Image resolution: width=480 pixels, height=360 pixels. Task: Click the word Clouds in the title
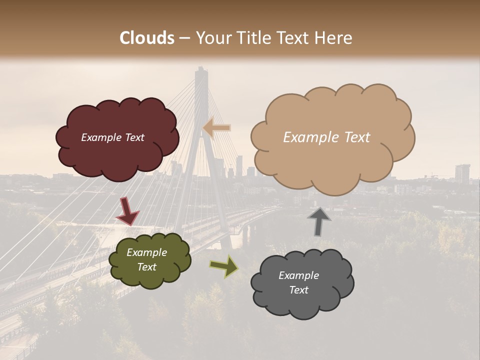pyautogui.click(x=147, y=38)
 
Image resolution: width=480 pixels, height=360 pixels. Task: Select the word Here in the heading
pyautogui.click(x=334, y=38)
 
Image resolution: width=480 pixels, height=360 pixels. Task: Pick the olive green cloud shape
pyautogui.click(x=150, y=277)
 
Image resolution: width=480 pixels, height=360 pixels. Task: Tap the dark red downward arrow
pyautogui.click(x=127, y=211)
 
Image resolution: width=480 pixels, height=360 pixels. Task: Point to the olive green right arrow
pyautogui.click(x=224, y=266)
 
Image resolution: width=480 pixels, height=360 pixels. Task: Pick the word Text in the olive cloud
pyautogui.click(x=147, y=267)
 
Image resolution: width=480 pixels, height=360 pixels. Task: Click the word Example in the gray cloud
pyautogui.click(x=298, y=275)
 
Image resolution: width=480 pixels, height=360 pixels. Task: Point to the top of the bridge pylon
pyautogui.click(x=201, y=70)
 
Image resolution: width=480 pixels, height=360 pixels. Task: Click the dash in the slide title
pyautogui.click(x=184, y=38)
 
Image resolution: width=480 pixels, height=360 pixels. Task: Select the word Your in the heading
pyautogui.click(x=212, y=38)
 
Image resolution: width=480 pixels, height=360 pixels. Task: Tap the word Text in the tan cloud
pyautogui.click(x=356, y=137)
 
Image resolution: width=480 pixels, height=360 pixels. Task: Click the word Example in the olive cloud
pyautogui.click(x=147, y=252)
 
